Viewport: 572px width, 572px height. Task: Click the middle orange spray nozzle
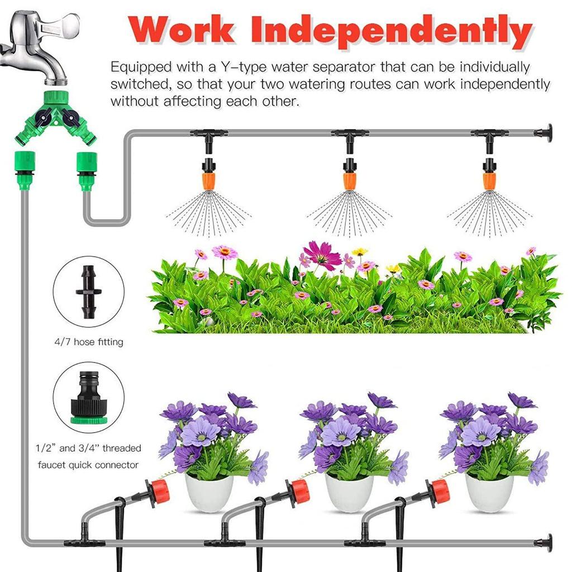click(x=350, y=180)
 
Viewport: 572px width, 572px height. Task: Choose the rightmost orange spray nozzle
click(x=490, y=180)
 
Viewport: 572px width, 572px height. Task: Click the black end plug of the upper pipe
click(x=544, y=133)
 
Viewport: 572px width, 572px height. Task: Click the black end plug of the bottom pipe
click(x=544, y=542)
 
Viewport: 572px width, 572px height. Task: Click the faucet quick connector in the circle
click(x=88, y=395)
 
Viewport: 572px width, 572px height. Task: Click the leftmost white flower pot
click(x=209, y=492)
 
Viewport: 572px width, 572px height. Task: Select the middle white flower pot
click(x=349, y=492)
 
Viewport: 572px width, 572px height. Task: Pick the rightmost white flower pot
click(x=489, y=492)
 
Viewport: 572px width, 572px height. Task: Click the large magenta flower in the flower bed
click(x=323, y=255)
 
